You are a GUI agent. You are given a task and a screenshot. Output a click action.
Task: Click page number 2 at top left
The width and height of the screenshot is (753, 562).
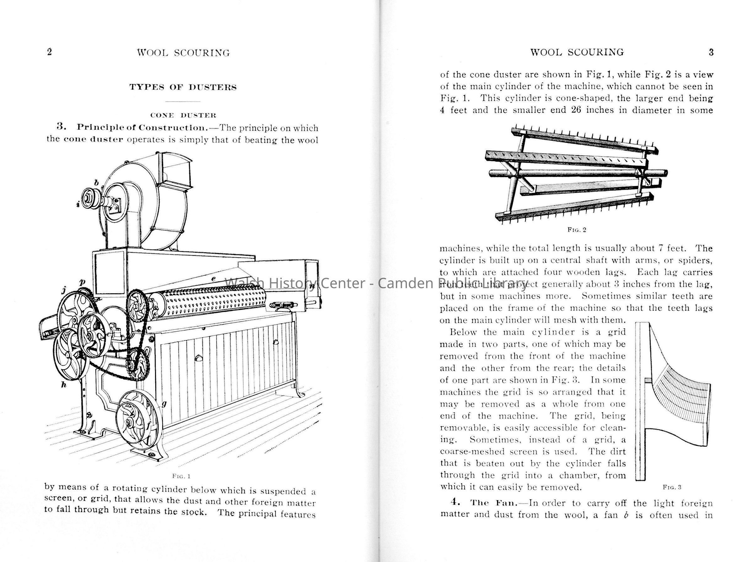(x=50, y=52)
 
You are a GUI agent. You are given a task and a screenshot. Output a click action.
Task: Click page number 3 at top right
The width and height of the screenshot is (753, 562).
(x=711, y=52)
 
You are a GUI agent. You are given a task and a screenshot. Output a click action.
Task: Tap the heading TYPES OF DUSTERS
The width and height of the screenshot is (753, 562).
(x=183, y=87)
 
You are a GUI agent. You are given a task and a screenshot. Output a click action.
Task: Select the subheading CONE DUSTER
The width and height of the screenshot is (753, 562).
(x=183, y=115)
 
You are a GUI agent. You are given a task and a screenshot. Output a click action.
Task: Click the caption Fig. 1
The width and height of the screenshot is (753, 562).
(x=181, y=475)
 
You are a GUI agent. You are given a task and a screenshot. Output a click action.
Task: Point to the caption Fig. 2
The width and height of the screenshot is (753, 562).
(x=577, y=230)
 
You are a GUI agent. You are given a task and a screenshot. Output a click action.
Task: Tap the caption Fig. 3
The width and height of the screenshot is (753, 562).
(x=672, y=487)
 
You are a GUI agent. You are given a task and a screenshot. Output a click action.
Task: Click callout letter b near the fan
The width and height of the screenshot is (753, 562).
(x=96, y=183)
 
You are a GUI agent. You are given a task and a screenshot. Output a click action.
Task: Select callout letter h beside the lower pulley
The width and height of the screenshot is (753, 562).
(x=63, y=385)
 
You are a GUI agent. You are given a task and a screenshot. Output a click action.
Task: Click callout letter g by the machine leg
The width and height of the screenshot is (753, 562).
(x=164, y=404)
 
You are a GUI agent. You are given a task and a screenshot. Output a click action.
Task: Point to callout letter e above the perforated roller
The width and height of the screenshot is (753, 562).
(x=213, y=278)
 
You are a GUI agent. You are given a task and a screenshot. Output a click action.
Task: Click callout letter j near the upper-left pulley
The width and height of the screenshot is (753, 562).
(x=64, y=290)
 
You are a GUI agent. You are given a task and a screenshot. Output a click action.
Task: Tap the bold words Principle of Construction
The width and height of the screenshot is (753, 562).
(x=142, y=127)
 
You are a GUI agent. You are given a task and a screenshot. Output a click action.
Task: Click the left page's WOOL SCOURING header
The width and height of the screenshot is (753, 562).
(x=183, y=53)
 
